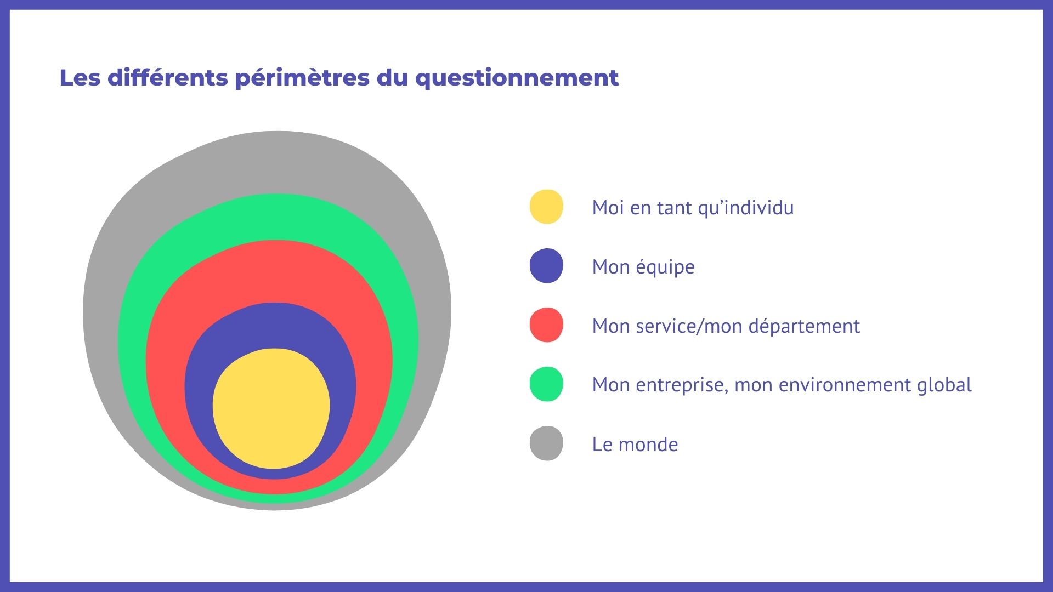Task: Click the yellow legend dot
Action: (546, 207)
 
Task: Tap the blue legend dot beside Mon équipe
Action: (546, 266)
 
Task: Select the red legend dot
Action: (546, 325)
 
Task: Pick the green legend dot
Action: (546, 384)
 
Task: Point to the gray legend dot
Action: (546, 443)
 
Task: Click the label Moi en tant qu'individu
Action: (693, 208)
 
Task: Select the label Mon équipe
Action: (643, 267)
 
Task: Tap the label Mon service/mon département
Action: (726, 326)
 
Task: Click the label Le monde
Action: (635, 444)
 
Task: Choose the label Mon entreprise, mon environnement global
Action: (782, 385)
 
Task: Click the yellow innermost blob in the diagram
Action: (271, 408)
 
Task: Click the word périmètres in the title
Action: (302, 78)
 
